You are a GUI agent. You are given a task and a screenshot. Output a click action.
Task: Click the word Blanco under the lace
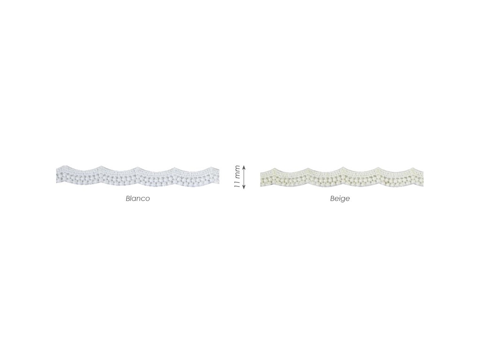point(138,198)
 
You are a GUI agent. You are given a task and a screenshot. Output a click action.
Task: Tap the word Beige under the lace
point(340,199)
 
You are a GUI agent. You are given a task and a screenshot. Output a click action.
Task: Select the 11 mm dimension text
point(237,177)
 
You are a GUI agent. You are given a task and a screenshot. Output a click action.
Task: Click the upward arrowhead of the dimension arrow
point(244,167)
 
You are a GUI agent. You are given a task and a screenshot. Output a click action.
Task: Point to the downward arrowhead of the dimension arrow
point(244,187)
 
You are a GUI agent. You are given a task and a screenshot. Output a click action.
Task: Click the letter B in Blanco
point(128,198)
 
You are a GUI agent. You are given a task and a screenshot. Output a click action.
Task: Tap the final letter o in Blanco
point(148,199)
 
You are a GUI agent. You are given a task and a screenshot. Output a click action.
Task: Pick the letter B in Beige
point(332,198)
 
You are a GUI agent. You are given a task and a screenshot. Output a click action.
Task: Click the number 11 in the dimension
point(237,185)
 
